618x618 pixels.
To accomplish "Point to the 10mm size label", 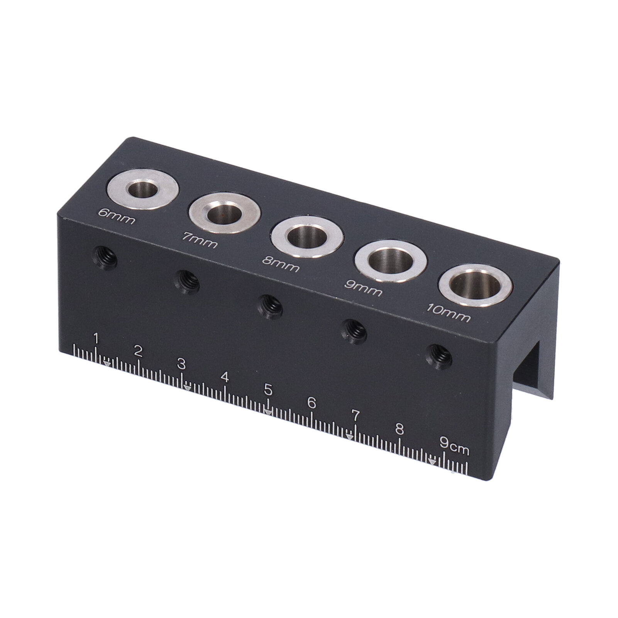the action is [x=448, y=313].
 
